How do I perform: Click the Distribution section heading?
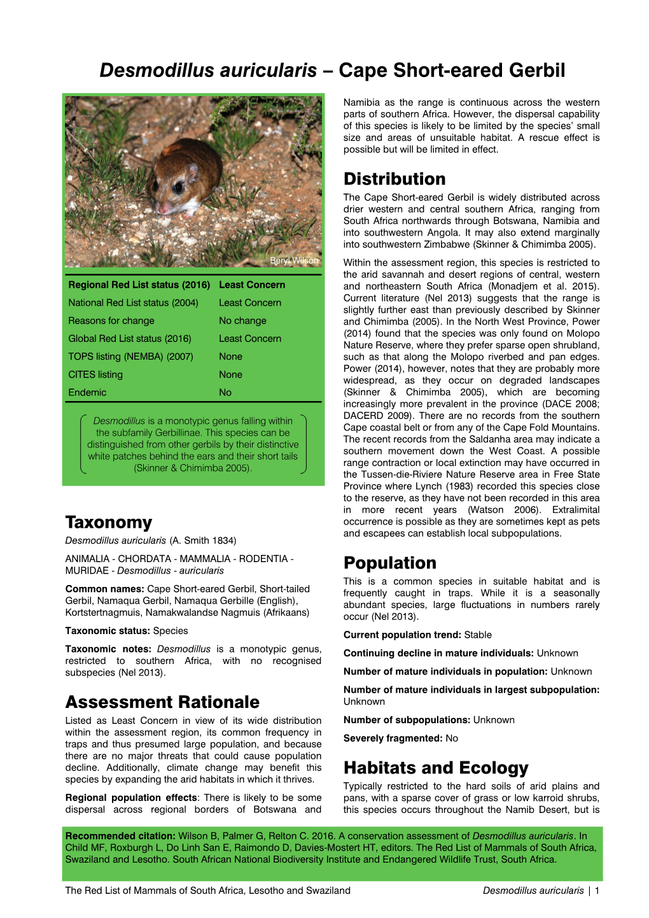click(394, 179)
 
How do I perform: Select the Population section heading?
click(390, 563)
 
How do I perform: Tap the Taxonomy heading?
click(109, 523)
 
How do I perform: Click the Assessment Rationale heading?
click(162, 702)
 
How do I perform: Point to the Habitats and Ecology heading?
click(436, 768)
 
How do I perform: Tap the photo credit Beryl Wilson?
click(294, 261)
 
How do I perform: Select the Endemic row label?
click(87, 392)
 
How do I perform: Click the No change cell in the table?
click(242, 321)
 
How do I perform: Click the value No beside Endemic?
click(225, 392)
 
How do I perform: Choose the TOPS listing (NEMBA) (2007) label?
click(130, 357)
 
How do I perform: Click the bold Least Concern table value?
click(252, 285)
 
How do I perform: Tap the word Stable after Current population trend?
click(478, 635)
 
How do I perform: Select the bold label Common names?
click(104, 589)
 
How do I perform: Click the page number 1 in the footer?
click(597, 891)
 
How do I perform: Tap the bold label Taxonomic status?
click(107, 631)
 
